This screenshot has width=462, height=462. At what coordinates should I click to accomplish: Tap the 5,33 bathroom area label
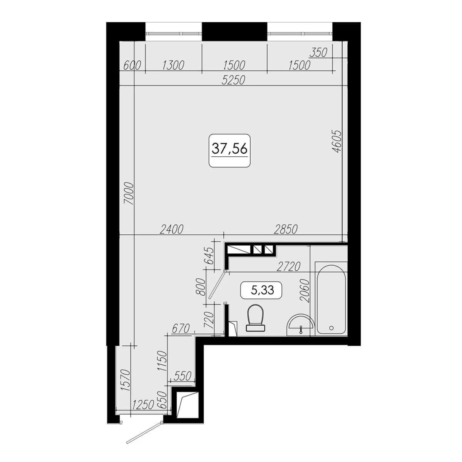coord(262,290)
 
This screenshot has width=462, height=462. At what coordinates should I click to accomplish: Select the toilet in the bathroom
coord(256,317)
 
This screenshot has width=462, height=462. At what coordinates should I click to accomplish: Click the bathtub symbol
coord(331,299)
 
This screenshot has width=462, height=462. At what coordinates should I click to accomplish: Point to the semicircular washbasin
coord(300,325)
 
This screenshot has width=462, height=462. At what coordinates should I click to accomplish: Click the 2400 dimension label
coord(172,229)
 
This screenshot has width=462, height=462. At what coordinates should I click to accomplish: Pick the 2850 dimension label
coord(286,229)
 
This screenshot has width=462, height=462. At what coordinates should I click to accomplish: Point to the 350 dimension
coord(318,53)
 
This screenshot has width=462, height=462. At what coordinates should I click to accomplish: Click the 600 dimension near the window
coord(132,65)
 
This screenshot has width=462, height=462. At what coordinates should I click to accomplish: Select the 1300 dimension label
coord(173,65)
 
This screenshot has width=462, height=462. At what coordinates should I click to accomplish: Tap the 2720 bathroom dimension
coord(288,266)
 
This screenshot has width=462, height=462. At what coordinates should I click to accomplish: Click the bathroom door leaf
coord(217,285)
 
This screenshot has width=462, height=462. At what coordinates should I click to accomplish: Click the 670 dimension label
coord(181,328)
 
